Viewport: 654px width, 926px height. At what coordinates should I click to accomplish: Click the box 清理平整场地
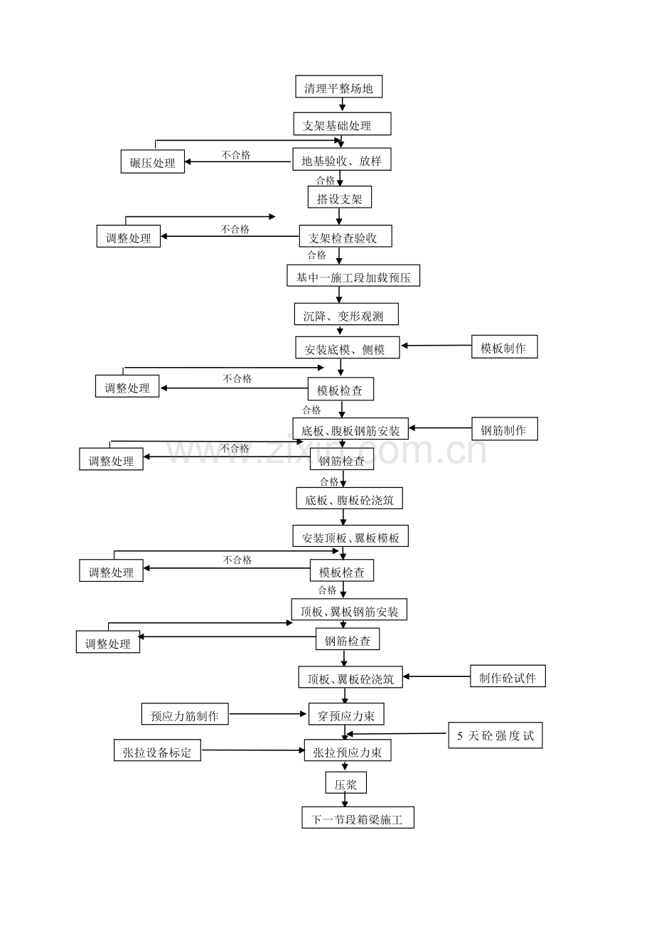point(338,86)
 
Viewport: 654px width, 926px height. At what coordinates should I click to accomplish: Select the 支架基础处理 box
point(342,124)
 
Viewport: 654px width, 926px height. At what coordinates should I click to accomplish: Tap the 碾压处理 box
point(152,161)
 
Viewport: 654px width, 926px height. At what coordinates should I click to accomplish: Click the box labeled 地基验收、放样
point(342,159)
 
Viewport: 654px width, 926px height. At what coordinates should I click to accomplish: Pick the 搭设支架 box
point(340,197)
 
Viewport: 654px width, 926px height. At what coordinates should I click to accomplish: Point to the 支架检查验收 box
point(345,236)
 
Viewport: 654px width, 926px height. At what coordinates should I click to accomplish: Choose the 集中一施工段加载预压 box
point(353,275)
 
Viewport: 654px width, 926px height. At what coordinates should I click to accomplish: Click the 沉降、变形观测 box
point(346,314)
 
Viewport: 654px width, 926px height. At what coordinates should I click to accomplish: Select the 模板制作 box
point(505,346)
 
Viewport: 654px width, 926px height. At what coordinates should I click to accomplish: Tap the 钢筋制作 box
point(505,429)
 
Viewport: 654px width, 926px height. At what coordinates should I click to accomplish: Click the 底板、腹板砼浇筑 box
point(349,498)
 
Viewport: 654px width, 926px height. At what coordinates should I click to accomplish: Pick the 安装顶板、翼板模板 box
point(350,536)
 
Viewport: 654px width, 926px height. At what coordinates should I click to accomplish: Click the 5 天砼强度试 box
point(495,735)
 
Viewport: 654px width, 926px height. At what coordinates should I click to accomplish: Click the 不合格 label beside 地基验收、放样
point(236,155)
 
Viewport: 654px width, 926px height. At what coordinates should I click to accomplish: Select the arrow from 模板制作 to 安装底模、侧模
point(436,346)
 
